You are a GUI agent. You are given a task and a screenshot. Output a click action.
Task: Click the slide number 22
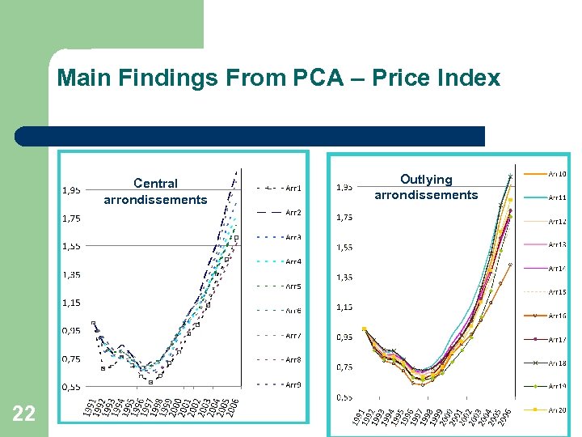[x=24, y=414]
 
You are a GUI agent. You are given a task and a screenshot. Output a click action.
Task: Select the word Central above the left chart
[x=155, y=184]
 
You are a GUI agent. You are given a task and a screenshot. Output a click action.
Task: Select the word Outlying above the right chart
[x=426, y=179]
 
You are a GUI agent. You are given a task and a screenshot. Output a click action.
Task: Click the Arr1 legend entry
[x=293, y=188]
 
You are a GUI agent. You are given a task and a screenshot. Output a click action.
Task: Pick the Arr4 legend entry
[x=293, y=262]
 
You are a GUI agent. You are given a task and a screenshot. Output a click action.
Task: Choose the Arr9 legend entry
[x=293, y=384]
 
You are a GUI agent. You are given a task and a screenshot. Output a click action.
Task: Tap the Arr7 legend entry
[x=293, y=335]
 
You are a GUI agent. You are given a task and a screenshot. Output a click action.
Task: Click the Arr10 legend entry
[x=557, y=173]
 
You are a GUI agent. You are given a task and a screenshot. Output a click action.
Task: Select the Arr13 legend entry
[x=557, y=244]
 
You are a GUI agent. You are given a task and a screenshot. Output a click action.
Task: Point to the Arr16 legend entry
[x=557, y=316]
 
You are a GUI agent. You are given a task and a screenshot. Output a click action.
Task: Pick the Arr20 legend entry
[x=557, y=411]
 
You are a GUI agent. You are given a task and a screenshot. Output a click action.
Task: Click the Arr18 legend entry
[x=557, y=363]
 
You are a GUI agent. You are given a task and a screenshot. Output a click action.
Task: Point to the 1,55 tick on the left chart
[x=72, y=245]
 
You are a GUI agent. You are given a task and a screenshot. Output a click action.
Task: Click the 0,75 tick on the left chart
[x=72, y=359]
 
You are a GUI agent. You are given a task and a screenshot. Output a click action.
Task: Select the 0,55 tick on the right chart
[x=344, y=397]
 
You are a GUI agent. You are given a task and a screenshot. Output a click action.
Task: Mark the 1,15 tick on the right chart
[x=344, y=308]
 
